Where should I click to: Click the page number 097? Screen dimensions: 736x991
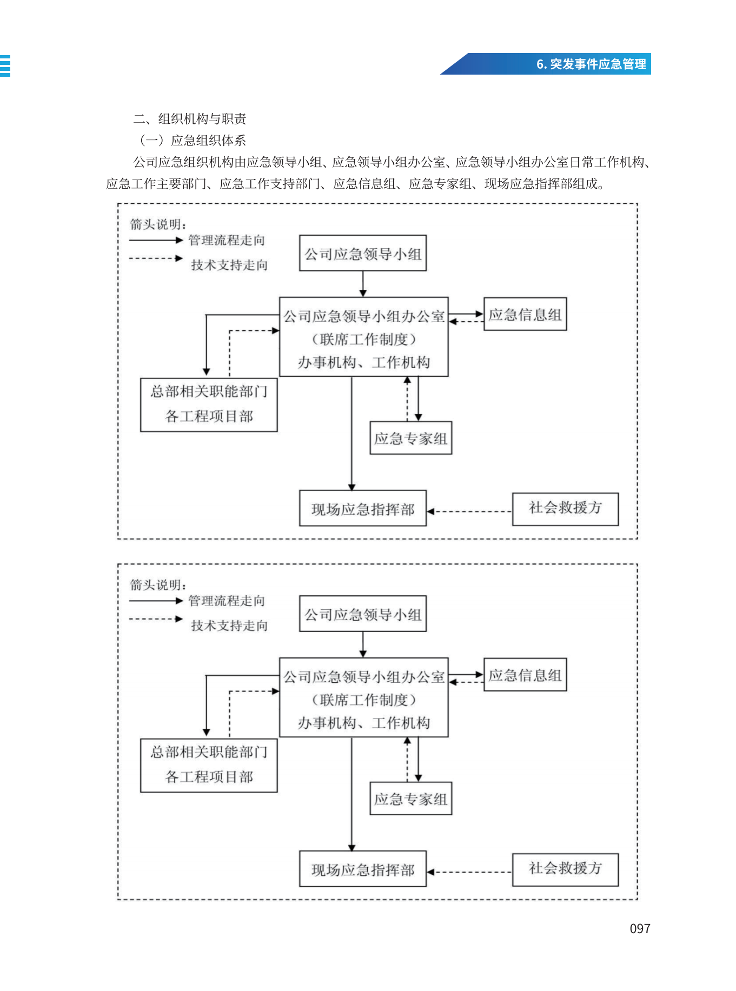(640, 928)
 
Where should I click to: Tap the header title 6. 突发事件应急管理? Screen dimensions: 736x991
(591, 64)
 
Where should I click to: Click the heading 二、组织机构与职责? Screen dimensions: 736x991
(190, 118)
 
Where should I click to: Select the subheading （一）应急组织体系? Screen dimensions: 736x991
(192, 141)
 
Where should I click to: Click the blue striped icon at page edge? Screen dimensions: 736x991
(5, 65)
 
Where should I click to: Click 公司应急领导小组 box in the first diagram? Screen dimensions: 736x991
(363, 253)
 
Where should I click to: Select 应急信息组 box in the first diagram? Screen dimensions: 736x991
(525, 314)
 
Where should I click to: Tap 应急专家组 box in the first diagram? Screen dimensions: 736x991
(411, 438)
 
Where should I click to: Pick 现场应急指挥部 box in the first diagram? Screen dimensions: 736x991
(363, 508)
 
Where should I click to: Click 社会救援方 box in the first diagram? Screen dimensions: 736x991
(565, 509)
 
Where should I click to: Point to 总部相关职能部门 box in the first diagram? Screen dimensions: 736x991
(209, 405)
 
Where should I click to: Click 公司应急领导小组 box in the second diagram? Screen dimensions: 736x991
(363, 614)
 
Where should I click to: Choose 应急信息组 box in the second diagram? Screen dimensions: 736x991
(525, 675)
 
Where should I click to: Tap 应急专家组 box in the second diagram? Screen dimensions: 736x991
(411, 799)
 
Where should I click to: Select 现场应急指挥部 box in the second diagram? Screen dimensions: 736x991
(363, 869)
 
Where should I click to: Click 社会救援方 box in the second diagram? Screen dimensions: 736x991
(565, 869)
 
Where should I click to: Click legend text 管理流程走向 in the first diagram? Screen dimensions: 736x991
(227, 240)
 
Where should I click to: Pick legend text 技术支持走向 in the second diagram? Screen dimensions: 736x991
(229, 626)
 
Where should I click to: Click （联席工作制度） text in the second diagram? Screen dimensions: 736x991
(363, 700)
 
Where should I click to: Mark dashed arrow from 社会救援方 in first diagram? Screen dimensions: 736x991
(469, 511)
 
